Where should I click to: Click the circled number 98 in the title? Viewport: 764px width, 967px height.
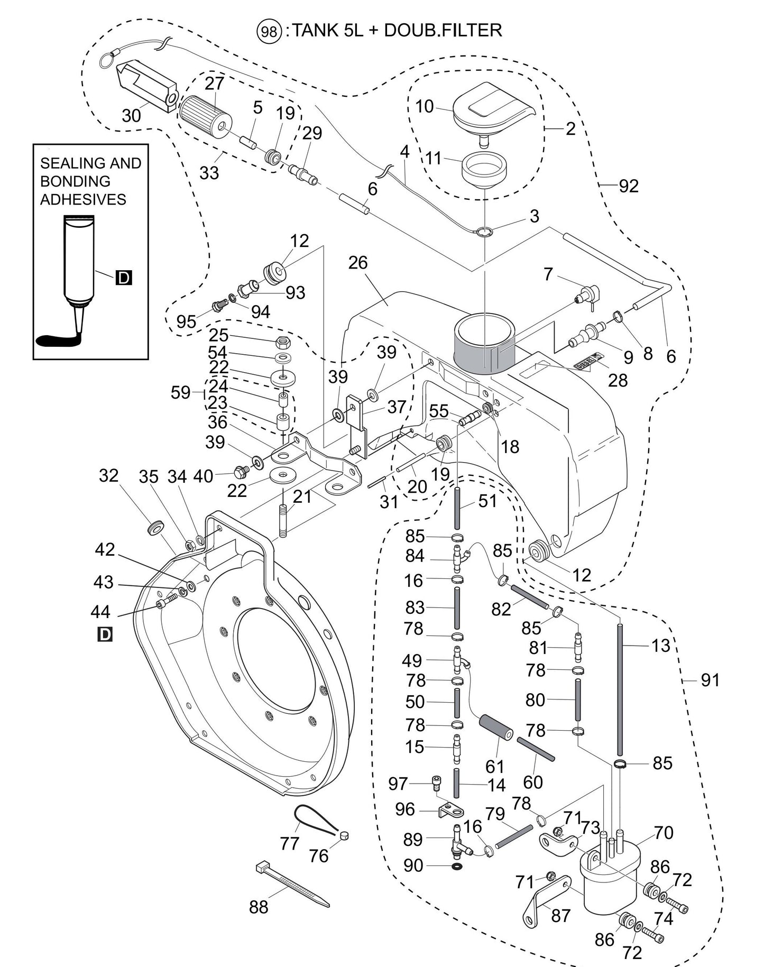(x=269, y=31)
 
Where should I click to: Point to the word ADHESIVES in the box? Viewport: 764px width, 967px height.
(x=83, y=200)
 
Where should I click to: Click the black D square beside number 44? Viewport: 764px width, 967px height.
(x=105, y=634)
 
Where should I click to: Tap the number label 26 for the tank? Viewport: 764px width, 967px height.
(x=358, y=263)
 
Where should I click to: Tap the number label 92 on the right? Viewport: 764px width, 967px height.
(x=629, y=186)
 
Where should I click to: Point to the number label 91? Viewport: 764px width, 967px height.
(x=710, y=680)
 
